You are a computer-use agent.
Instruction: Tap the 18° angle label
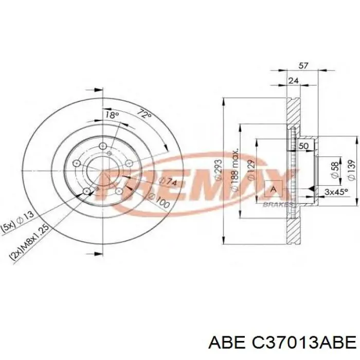tap(112, 115)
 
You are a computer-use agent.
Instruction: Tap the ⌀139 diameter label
tap(349, 169)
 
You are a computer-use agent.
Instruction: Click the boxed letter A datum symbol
tap(273, 189)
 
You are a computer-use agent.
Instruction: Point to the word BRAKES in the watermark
tap(278, 204)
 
